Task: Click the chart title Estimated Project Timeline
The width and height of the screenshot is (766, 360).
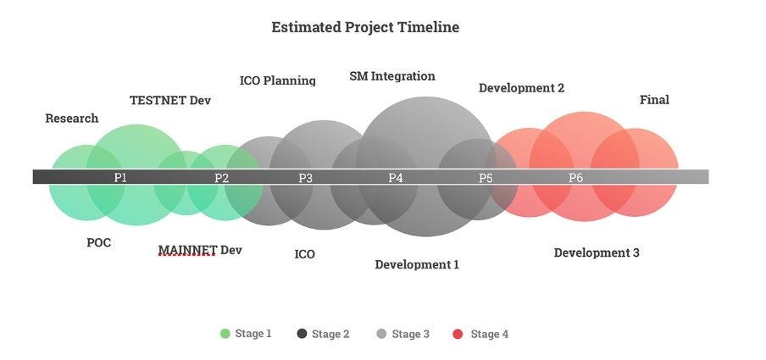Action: click(365, 27)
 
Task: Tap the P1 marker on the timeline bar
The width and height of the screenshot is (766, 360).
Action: click(120, 177)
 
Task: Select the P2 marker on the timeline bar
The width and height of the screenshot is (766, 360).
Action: click(221, 178)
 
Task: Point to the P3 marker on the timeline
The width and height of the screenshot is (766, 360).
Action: click(305, 178)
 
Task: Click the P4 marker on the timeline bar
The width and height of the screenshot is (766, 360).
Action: click(395, 177)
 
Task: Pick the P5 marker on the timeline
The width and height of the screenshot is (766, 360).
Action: click(486, 178)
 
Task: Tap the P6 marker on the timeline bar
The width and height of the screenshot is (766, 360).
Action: click(575, 177)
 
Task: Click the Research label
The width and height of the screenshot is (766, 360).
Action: click(72, 119)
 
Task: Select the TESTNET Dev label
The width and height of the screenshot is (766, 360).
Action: click(170, 100)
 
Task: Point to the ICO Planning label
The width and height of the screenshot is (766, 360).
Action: click(277, 80)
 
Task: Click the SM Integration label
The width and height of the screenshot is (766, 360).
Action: click(392, 76)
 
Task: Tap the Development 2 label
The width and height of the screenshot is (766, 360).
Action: click(521, 88)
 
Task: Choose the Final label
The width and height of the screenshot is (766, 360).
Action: click(654, 100)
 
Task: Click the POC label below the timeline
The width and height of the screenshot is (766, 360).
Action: click(98, 242)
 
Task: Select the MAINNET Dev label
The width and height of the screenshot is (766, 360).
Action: click(200, 250)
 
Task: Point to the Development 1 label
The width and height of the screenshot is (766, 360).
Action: click(417, 264)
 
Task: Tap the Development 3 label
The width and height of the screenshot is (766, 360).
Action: click(597, 252)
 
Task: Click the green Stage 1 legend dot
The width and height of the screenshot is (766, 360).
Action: click(225, 334)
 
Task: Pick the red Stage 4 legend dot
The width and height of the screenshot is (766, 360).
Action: click(458, 334)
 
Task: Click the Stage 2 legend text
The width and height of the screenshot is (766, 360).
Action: click(330, 334)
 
